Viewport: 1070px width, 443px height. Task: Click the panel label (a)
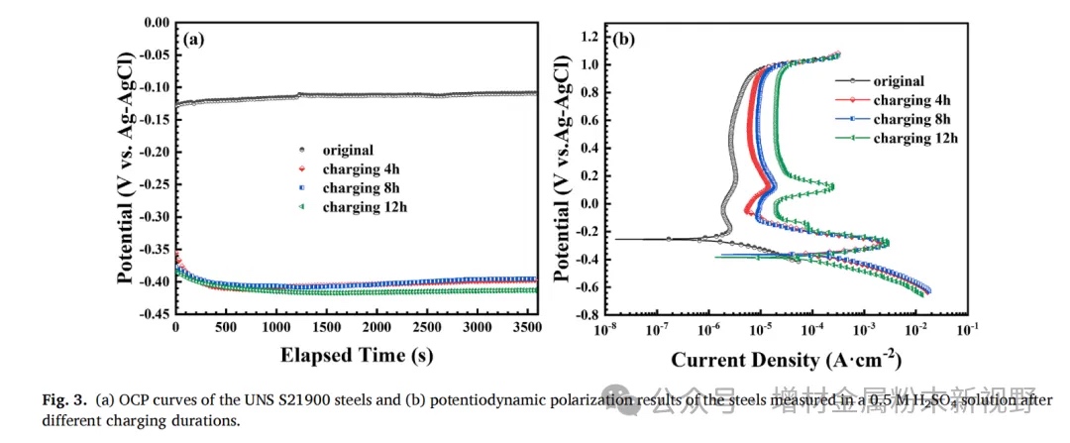click(194, 40)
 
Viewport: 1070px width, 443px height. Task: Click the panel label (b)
click(624, 40)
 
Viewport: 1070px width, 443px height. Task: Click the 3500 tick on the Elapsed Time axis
click(527, 328)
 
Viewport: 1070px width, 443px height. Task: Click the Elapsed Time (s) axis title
click(357, 354)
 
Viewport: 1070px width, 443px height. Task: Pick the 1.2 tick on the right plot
click(591, 37)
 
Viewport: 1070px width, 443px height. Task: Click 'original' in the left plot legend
click(348, 150)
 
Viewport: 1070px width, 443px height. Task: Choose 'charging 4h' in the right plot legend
click(911, 100)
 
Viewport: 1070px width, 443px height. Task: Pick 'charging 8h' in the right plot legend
click(911, 119)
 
